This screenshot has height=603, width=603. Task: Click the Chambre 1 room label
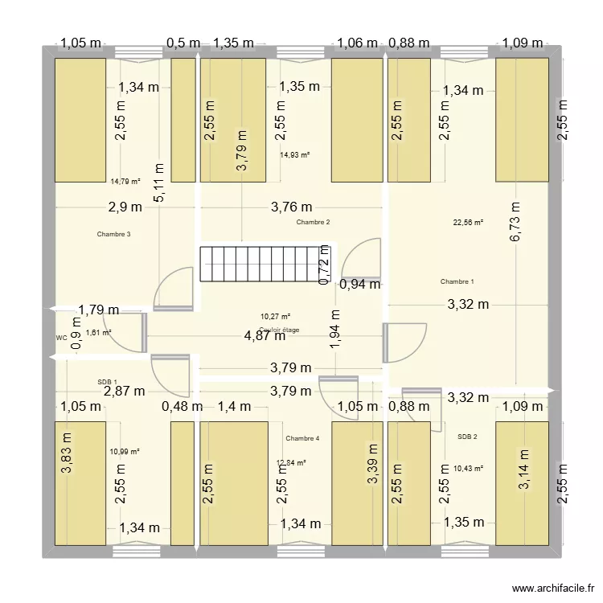pos(457,281)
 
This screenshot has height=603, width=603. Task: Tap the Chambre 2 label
pos(313,222)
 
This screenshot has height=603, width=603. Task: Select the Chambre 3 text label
pos(113,235)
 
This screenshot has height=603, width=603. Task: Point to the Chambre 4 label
pos(302,438)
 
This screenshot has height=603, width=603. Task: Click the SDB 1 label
pos(107,382)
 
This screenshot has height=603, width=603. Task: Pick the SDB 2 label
pos(467,437)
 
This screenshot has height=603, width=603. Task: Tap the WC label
pos(61,338)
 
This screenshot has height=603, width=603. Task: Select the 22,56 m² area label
pos(468,222)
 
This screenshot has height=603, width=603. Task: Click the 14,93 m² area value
pos(295,155)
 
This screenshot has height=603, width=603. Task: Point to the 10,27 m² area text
pos(275,317)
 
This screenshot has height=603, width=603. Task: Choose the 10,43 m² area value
pos(468,468)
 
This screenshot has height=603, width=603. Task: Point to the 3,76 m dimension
pos(292,207)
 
